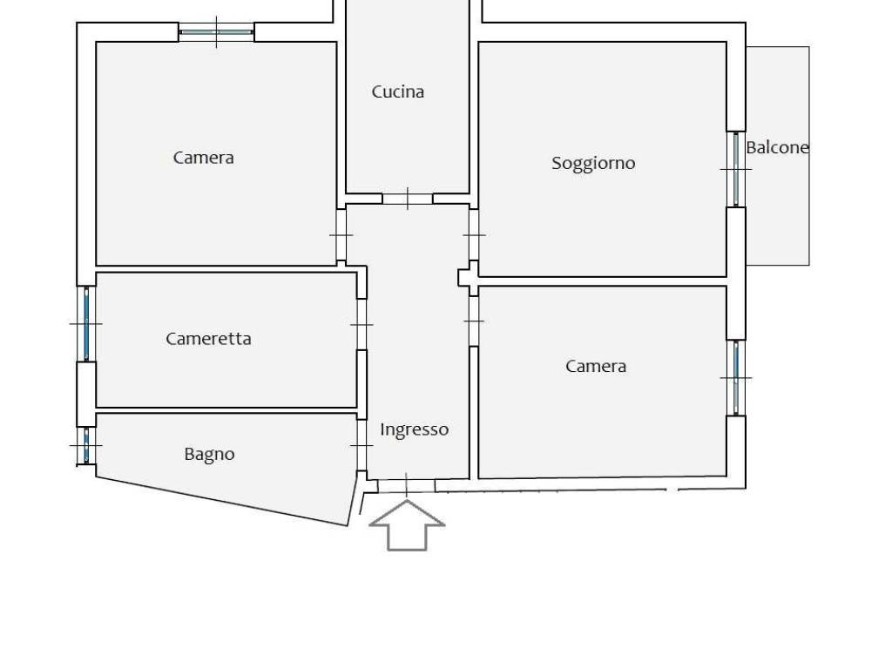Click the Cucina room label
tap(397, 91)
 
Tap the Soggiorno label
tap(593, 163)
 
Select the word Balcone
tap(777, 147)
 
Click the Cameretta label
tap(208, 339)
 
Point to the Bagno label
tap(209, 454)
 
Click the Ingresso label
tap(415, 429)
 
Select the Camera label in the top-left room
tap(203, 158)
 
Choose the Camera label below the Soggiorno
tap(596, 366)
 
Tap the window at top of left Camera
tap(216, 32)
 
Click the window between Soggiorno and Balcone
tap(736, 169)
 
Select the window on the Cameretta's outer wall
tap(86, 323)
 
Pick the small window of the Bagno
tap(86, 445)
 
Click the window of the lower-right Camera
tap(736, 377)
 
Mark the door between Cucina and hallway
tap(407, 199)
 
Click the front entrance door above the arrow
tap(406, 485)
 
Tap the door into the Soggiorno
tap(474, 235)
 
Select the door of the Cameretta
tap(362, 324)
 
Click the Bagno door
tap(362, 445)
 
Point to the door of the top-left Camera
tap(341, 235)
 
